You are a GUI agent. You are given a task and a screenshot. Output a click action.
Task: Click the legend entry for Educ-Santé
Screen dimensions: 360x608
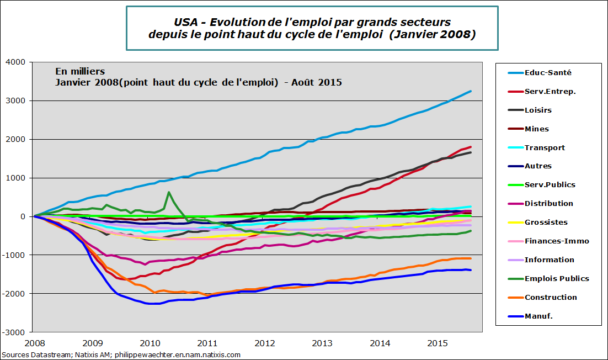click(547, 72)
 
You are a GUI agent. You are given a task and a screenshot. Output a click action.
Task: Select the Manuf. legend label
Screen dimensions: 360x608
click(538, 316)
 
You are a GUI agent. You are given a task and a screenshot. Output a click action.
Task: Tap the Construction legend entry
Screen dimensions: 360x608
click(550, 297)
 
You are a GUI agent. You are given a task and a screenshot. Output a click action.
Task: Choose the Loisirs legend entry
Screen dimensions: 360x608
click(538, 110)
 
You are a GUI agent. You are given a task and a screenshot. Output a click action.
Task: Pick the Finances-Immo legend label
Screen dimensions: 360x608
click(557, 241)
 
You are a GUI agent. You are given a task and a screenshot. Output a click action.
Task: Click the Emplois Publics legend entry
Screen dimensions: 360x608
click(556, 278)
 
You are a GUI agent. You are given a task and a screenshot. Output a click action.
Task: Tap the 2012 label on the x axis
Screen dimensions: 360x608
click(264, 343)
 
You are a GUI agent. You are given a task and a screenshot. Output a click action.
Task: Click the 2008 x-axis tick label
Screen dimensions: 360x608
click(34, 343)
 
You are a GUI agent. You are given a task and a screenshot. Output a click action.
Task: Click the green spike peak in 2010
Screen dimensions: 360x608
click(169, 193)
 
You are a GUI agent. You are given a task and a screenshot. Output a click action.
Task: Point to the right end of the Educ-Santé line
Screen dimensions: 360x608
click(471, 91)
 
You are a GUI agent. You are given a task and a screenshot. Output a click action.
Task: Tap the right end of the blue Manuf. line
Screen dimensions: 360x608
click(471, 270)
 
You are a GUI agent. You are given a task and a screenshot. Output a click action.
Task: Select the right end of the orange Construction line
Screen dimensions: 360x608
click(471, 258)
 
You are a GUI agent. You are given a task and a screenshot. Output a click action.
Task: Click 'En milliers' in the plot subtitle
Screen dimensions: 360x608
click(80, 72)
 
